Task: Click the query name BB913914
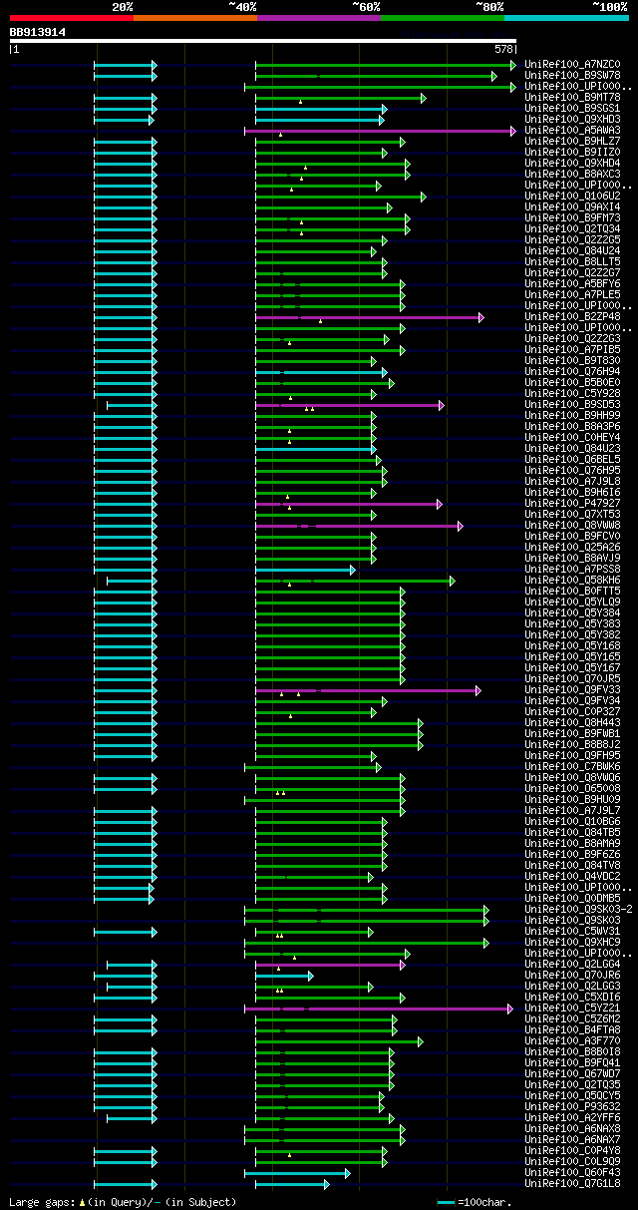pos(38,32)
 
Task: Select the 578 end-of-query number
pos(502,49)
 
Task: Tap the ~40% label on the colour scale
pos(242,7)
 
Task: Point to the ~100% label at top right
pos(609,7)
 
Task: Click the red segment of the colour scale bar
pos(71,18)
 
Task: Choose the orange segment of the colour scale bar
pos(194,18)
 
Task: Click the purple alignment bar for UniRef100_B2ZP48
pos(369,317)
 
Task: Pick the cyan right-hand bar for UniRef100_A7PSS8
pos(304,570)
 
